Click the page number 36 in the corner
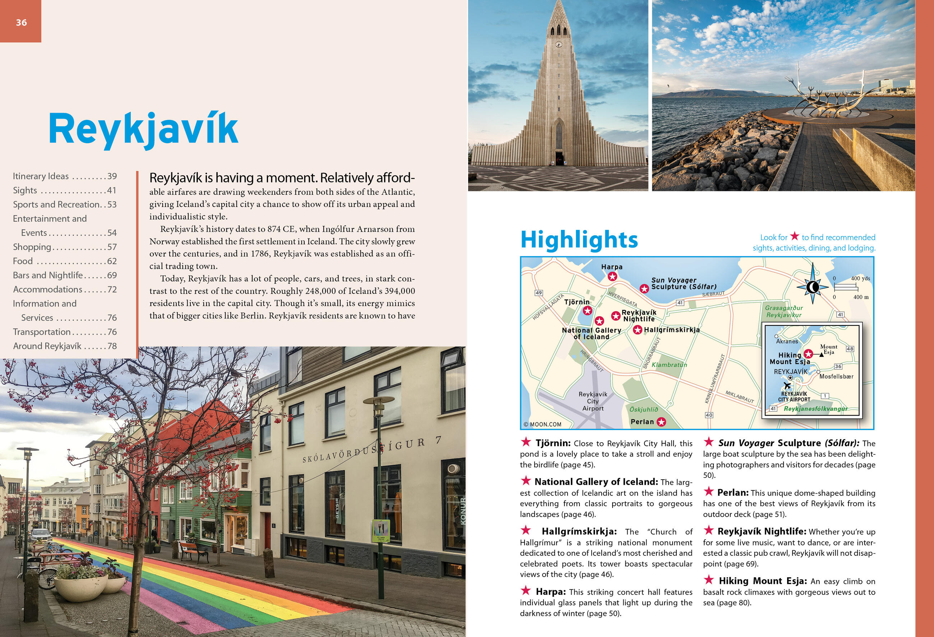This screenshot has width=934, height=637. coord(21,23)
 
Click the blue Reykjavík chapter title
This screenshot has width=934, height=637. coord(143,129)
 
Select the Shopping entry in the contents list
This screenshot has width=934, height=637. coord(32,247)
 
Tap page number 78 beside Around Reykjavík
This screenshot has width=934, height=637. coord(112,346)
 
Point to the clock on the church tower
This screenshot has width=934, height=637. coord(558,44)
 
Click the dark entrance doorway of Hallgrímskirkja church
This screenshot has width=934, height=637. coord(559,157)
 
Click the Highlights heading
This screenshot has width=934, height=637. coord(579,240)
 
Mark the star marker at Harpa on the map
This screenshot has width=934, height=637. coord(612,277)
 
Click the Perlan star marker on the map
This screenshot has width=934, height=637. coord(661,421)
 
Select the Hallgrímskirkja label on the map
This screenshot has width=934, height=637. coord(671,330)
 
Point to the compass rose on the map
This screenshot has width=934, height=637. coord(812,287)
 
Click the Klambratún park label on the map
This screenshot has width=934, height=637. coord(669,365)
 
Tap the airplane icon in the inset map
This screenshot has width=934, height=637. coord(787,386)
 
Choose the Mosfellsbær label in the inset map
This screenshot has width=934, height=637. coord(836,377)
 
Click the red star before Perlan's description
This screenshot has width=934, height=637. coord(708,491)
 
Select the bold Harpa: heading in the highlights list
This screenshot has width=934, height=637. coord(551,592)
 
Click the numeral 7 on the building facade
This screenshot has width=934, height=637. coord(439,440)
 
